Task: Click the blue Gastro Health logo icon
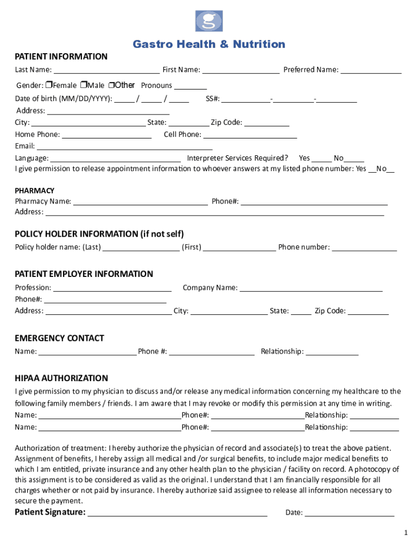point(209,21)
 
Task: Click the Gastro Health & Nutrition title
point(209,45)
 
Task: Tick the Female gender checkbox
point(49,85)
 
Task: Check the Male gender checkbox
point(84,85)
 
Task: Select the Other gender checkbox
point(111,85)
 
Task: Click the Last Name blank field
point(106,70)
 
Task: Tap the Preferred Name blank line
point(371,70)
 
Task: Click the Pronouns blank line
point(191,86)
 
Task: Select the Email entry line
point(124,147)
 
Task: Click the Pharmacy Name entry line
point(141,202)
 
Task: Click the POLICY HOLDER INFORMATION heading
point(99,234)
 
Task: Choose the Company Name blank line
point(311,288)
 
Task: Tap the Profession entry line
point(112,288)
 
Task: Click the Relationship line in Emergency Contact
point(332,352)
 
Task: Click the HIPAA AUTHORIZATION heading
point(61,378)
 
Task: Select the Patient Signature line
point(178,513)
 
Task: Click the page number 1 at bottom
point(405,533)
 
